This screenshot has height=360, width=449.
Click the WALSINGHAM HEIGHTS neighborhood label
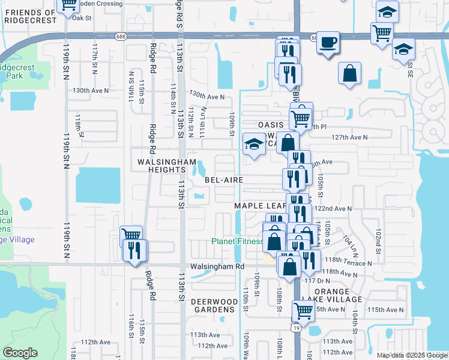(166, 166)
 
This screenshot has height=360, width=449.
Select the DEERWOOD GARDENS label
(212, 305)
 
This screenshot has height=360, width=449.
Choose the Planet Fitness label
(237, 242)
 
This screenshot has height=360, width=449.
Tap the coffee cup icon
(327, 43)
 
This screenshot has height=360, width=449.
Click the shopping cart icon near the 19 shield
(304, 311)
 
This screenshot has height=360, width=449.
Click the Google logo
(20, 353)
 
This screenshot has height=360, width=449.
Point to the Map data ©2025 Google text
(412, 355)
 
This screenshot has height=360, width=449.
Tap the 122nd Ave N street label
(333, 208)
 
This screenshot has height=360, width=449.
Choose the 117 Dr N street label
(318, 280)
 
